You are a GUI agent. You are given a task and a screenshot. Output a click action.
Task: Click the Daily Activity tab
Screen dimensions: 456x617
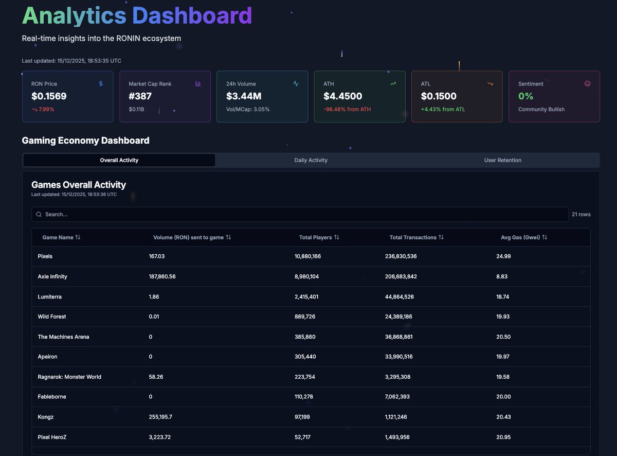[311, 160]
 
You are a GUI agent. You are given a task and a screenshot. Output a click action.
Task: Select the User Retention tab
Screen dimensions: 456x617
[502, 160]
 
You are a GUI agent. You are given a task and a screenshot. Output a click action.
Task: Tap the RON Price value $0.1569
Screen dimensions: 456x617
[49, 96]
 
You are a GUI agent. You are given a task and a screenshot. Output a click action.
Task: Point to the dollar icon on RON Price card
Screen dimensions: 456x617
[101, 83]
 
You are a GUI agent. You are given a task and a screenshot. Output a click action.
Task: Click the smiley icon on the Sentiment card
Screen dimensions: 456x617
[588, 83]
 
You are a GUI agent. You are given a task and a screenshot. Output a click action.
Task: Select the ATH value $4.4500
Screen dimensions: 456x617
[342, 96]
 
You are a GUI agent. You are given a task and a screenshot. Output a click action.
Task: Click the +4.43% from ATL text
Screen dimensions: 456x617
[443, 109]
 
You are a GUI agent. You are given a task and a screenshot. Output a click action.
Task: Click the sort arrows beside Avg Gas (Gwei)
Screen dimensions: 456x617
[545, 237]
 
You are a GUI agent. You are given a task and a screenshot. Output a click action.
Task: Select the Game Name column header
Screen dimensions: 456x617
[58, 237]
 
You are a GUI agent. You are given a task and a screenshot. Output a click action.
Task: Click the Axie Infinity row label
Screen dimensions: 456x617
[52, 276]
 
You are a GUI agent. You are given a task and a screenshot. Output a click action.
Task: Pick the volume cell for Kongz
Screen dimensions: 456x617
[160, 417]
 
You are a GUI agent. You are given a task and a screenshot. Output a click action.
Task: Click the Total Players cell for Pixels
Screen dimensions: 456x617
[307, 256]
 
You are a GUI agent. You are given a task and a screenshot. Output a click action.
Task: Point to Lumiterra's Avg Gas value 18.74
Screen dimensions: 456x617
[503, 297]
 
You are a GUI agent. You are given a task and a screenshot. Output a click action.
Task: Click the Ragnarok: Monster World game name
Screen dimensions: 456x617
[69, 377]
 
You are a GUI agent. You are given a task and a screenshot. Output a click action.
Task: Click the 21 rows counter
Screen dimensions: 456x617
[581, 214]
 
